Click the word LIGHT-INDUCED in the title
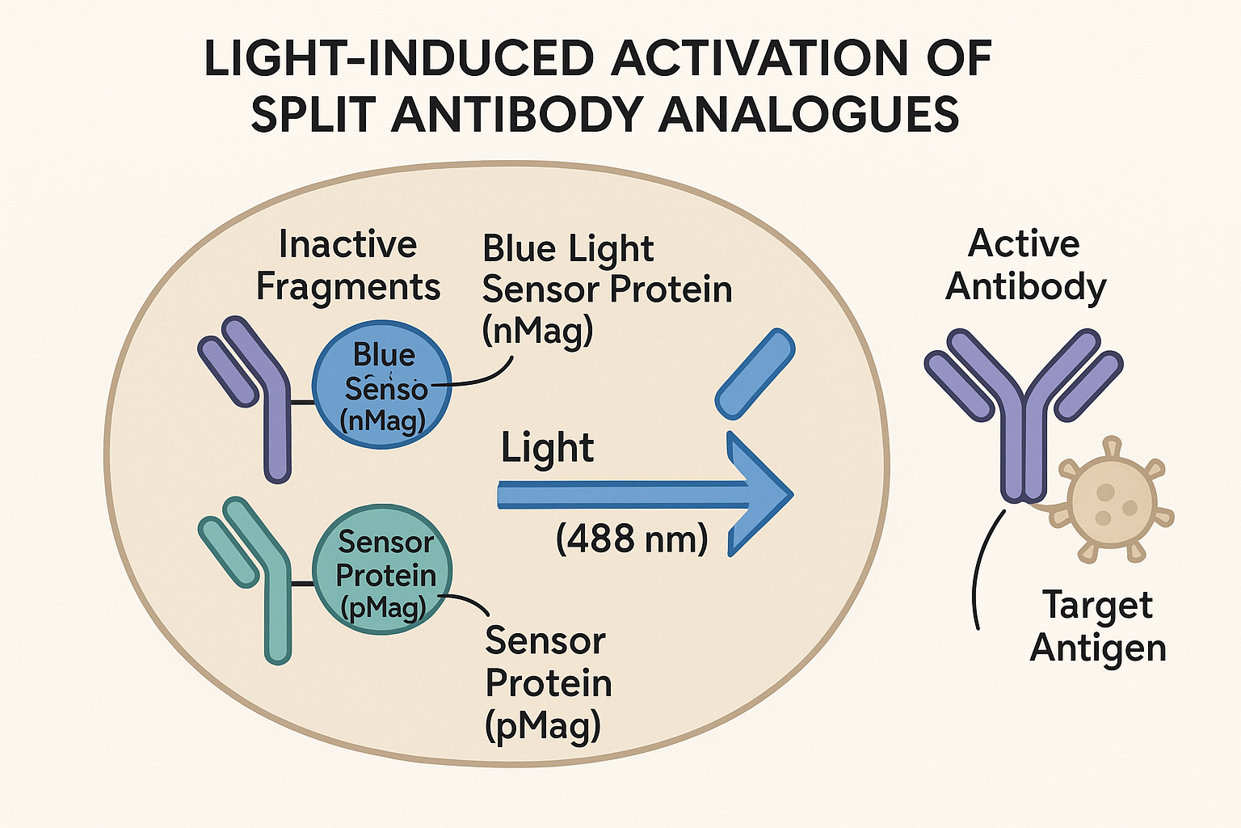(x=399, y=57)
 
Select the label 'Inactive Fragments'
(x=348, y=265)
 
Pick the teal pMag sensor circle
(x=382, y=569)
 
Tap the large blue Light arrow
(x=646, y=494)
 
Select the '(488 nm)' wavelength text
(x=632, y=539)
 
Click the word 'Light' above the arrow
(x=547, y=448)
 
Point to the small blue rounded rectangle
(x=755, y=374)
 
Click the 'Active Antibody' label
(x=1025, y=265)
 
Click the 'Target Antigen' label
(x=1098, y=626)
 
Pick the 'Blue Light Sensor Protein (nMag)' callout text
(x=608, y=289)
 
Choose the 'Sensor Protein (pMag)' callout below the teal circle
(x=549, y=682)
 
